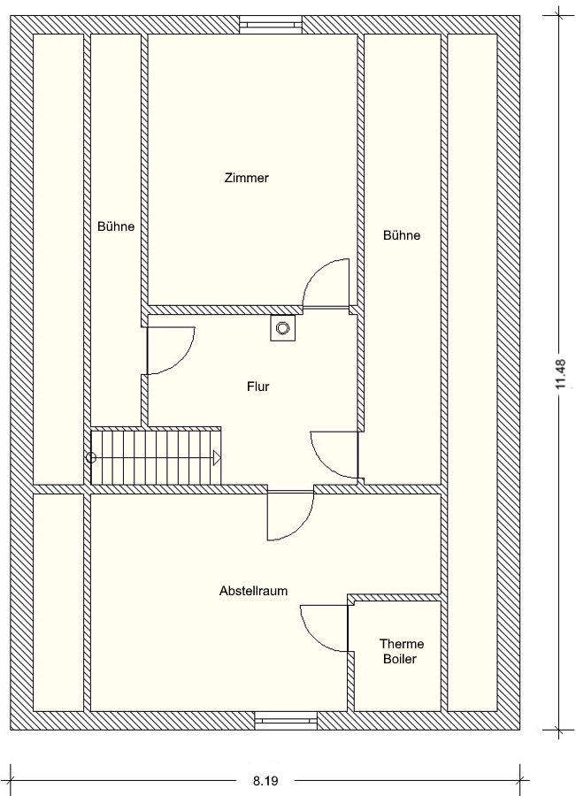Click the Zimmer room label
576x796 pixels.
(246, 178)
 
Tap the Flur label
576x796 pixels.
(258, 387)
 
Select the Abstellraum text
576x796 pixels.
(253, 591)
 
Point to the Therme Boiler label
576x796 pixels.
(402, 651)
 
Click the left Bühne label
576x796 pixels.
(116, 226)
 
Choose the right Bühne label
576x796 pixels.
(402, 235)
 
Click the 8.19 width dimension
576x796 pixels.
(265, 781)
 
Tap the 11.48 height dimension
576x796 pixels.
(561, 374)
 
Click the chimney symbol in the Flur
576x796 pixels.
(282, 328)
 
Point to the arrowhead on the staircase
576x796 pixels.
(217, 458)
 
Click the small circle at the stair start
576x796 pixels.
(91, 458)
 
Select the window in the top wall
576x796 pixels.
(272, 23)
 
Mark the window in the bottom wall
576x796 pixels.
(286, 720)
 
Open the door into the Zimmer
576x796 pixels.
(326, 283)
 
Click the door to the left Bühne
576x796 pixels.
(170, 350)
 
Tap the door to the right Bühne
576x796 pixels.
(334, 455)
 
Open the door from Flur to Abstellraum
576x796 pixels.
(290, 516)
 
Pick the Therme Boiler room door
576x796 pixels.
(325, 628)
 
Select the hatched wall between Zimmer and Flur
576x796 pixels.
(225, 310)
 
